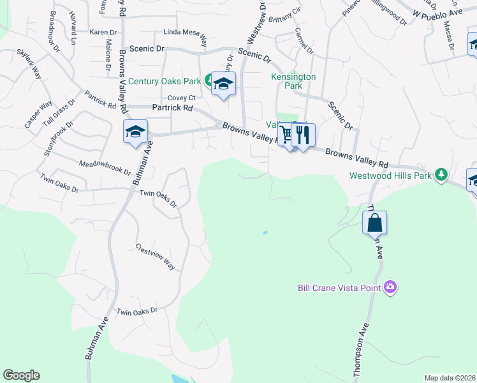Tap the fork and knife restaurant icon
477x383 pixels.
(x=304, y=135)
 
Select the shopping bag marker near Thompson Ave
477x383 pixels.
(x=374, y=223)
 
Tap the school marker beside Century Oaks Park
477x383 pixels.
(x=223, y=84)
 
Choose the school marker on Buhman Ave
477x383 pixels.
(x=135, y=131)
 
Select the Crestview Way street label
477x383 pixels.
(x=155, y=255)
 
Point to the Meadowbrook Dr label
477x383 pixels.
(x=105, y=169)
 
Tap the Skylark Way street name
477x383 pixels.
(x=29, y=63)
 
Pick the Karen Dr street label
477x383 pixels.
(x=103, y=32)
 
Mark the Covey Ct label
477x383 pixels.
(x=180, y=98)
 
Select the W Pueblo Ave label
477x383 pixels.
(x=436, y=13)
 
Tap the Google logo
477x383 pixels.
(x=21, y=375)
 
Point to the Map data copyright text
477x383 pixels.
(x=450, y=378)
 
